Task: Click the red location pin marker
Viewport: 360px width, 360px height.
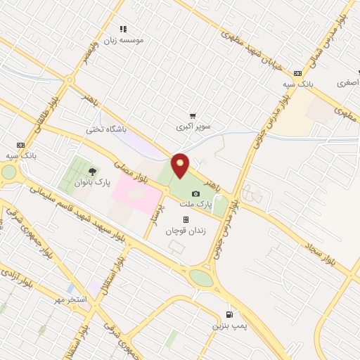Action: [181, 165]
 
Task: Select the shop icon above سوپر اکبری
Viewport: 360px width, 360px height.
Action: [193, 116]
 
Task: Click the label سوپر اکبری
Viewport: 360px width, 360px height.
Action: [193, 127]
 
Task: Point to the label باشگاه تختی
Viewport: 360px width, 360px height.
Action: [105, 129]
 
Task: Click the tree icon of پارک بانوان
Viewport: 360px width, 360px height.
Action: [92, 172]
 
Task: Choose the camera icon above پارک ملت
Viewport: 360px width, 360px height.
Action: [195, 193]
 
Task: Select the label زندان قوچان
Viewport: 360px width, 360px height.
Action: [183, 231]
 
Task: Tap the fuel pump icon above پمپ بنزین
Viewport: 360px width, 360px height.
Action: [229, 315]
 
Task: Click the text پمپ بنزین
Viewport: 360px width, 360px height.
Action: [227, 327]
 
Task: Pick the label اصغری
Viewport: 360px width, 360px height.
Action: [347, 83]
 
